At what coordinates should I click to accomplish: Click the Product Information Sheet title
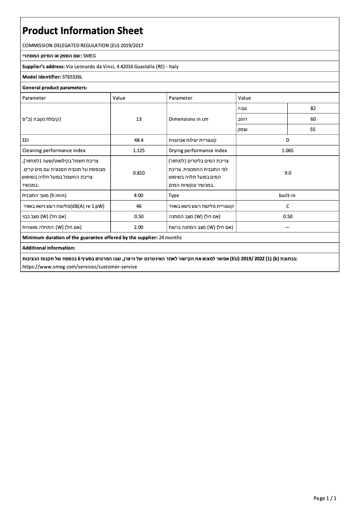click(83, 31)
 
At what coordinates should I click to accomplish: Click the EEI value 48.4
click(139, 140)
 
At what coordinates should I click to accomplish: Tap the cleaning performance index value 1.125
click(139, 151)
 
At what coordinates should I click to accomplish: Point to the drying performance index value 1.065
click(287, 151)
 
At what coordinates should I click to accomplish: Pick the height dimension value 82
click(313, 108)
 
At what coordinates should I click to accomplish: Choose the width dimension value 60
click(313, 119)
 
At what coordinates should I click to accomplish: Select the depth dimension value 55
click(313, 130)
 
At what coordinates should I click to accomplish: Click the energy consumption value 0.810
click(139, 173)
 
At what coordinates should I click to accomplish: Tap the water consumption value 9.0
click(287, 173)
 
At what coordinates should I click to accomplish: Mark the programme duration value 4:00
click(139, 196)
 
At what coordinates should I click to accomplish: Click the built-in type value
click(287, 196)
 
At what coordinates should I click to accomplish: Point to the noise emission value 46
click(139, 206)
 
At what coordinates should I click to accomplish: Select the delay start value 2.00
click(139, 227)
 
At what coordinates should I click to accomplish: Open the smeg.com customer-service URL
click(79, 267)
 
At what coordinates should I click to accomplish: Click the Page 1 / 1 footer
click(325, 498)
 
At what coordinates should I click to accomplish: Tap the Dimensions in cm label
click(189, 119)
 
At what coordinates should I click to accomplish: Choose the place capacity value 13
click(139, 119)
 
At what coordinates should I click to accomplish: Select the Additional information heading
click(48, 248)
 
